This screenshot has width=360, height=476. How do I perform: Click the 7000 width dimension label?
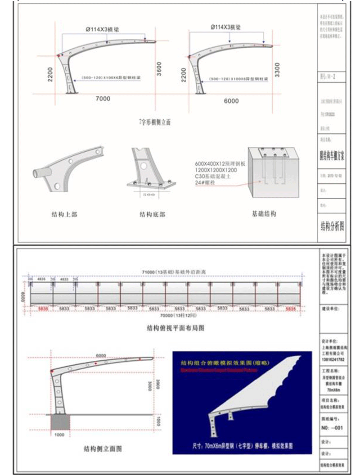[103, 98]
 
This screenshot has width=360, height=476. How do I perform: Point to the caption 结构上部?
[64, 214]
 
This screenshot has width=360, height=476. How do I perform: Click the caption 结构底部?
[152, 214]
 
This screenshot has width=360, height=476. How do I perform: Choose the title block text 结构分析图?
[332, 226]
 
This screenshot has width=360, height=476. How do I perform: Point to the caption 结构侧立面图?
[103, 449]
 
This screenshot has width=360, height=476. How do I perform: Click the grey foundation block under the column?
[60, 422]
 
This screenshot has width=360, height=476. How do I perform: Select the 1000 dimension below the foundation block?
[60, 435]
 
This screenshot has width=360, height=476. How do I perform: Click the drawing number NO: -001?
[332, 428]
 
